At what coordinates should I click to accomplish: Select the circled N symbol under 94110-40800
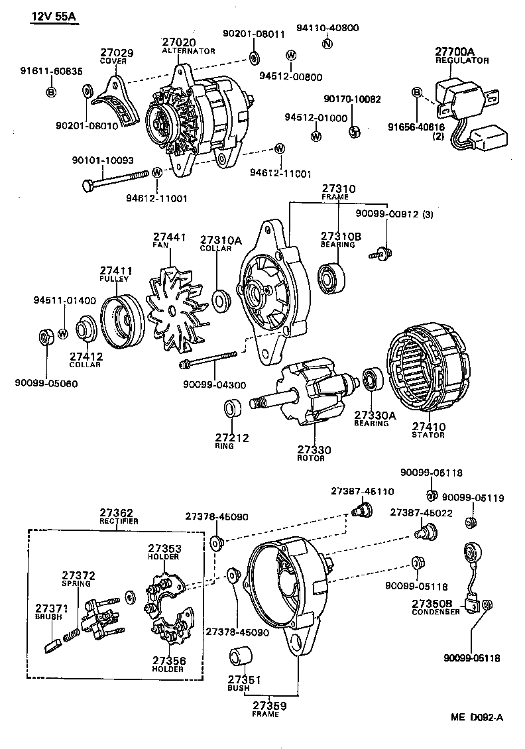[327, 44]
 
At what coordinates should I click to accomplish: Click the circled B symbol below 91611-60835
[51, 91]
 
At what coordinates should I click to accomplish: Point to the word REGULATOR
[461, 60]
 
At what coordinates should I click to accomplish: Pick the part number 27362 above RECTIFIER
[117, 512]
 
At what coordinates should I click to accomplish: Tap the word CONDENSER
[436, 612]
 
